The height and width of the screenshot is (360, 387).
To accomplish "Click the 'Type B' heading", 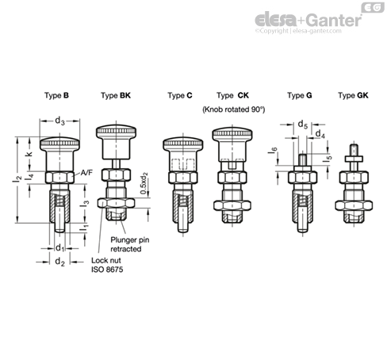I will [57, 95].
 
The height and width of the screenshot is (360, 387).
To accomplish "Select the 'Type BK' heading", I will [116, 95].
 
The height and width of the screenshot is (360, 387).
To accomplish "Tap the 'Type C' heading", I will [180, 95].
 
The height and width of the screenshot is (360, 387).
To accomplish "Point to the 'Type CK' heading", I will [232, 95].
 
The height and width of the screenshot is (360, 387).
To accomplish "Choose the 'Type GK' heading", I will [352, 95].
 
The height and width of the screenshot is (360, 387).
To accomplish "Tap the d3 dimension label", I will [60, 121].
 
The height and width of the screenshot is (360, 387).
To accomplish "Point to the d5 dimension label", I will [301, 124].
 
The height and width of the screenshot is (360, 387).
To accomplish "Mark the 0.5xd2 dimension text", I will [142, 186].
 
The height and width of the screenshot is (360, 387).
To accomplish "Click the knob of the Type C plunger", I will [179, 146].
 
